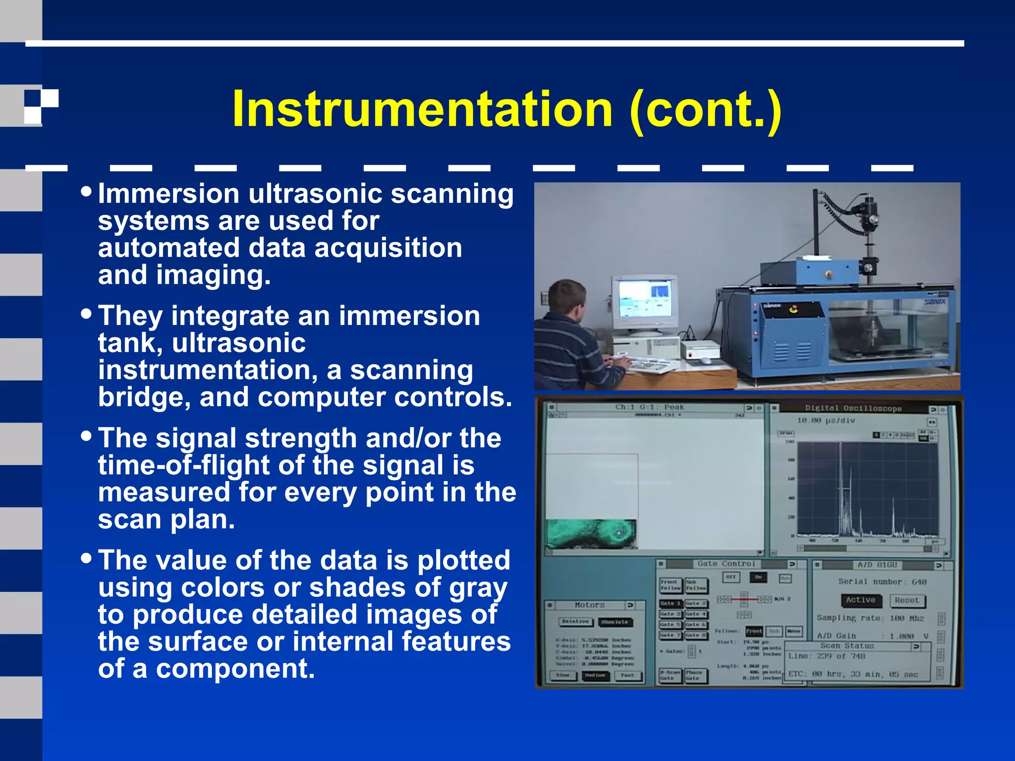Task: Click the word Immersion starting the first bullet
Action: click(x=169, y=194)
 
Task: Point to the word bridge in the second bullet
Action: click(x=144, y=397)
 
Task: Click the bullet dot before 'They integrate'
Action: click(x=87, y=313)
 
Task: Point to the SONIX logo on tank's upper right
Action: click(x=935, y=302)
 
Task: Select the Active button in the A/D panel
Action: click(x=860, y=600)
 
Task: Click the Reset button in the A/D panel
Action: click(x=906, y=600)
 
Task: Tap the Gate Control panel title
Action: click(x=726, y=564)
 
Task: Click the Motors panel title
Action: click(x=589, y=605)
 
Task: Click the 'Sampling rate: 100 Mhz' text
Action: click(x=870, y=618)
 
